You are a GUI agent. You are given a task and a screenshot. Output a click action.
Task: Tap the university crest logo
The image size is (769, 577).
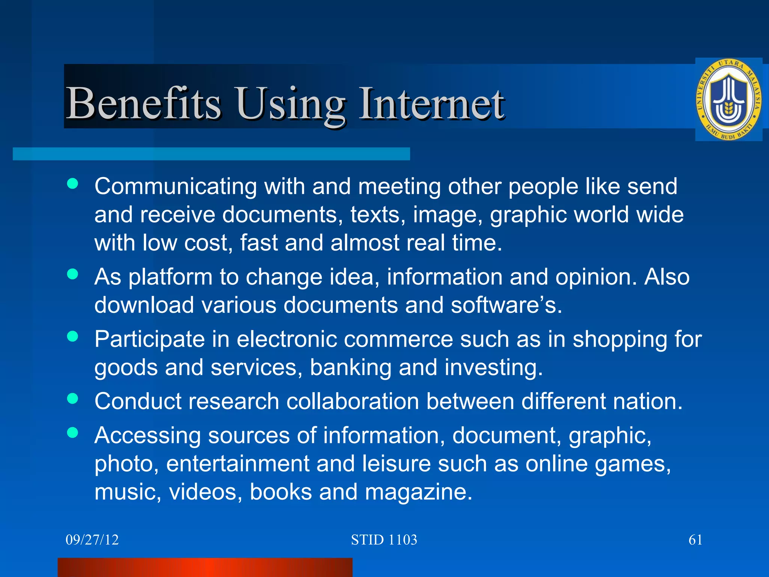(728, 100)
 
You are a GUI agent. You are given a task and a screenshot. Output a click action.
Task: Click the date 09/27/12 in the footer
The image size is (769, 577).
(92, 540)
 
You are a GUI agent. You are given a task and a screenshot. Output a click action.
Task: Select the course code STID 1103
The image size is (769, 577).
(384, 540)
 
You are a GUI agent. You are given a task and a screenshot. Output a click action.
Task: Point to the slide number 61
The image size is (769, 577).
(695, 540)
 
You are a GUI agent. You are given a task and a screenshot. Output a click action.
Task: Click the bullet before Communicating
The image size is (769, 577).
(72, 184)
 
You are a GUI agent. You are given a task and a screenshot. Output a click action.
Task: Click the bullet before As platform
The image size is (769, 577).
(72, 274)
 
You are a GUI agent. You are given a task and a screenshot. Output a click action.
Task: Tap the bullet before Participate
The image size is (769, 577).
(72, 336)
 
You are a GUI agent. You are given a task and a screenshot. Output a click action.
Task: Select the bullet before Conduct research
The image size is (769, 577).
(72, 398)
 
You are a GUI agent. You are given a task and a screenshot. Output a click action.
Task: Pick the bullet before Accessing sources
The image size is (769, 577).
(72, 432)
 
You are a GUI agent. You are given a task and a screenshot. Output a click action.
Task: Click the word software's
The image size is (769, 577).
(506, 305)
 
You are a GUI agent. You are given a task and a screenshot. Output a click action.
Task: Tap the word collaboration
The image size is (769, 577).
(353, 401)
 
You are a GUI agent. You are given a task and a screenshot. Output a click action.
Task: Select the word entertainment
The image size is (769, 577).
(238, 464)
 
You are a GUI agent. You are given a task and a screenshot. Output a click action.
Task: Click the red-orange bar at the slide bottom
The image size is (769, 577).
(205, 567)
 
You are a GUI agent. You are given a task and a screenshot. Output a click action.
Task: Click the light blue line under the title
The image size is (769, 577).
(211, 154)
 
